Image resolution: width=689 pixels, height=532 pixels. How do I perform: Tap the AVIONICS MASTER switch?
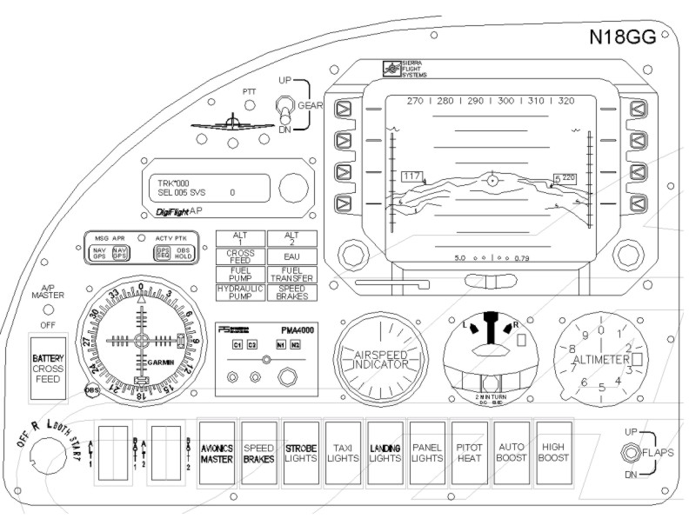217,452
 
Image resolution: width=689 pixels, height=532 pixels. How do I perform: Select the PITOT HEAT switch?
469,452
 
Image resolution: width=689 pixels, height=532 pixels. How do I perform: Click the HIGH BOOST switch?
552,452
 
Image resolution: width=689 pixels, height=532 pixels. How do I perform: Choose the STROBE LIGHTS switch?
300,452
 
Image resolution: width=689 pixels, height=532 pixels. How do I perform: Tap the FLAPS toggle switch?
628,453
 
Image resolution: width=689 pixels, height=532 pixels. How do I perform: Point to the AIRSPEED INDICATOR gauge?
379,359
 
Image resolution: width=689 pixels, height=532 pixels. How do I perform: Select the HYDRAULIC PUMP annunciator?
241,292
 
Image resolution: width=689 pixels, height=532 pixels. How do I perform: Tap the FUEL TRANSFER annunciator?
292,274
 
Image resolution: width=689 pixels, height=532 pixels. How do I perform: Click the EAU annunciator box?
292,256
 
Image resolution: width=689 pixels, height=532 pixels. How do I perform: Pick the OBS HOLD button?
184,252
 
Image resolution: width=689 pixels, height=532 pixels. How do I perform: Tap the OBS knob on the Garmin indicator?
92,389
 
